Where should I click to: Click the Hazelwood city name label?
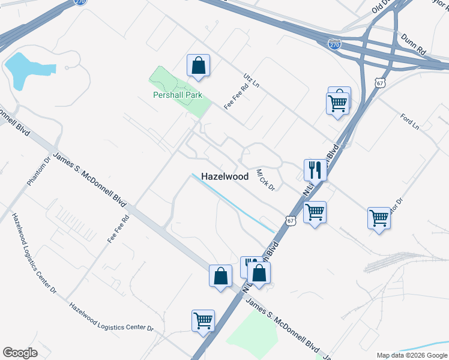(x=224, y=177)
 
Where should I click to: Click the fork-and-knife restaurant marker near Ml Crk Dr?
(x=315, y=170)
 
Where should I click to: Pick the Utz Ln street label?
(x=251, y=82)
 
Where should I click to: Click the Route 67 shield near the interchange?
(x=379, y=83)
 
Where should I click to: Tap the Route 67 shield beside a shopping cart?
(x=291, y=221)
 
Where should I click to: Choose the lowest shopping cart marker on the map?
(x=203, y=320)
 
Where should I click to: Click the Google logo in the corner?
(x=20, y=352)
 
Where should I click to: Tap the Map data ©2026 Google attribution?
(x=411, y=355)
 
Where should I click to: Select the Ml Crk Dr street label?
(x=265, y=179)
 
